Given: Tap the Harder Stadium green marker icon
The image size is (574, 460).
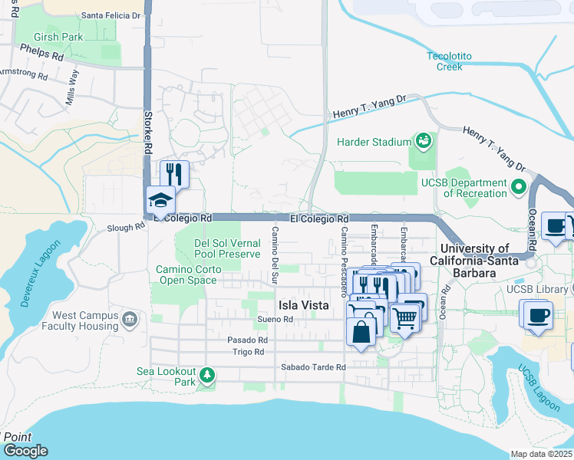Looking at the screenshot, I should tap(423, 140).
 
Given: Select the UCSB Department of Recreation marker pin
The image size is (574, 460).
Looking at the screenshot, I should tap(519, 186).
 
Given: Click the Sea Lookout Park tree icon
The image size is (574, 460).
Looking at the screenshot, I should tap(206, 374).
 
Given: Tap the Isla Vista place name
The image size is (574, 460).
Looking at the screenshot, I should tap(303, 304).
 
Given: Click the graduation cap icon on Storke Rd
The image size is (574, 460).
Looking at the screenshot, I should tap(161, 201).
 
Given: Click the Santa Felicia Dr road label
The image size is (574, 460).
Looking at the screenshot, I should tap(111, 15).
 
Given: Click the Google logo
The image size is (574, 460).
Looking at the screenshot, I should tap(25, 451).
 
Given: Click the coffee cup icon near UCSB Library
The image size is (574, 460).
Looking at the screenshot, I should tap(537, 314).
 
